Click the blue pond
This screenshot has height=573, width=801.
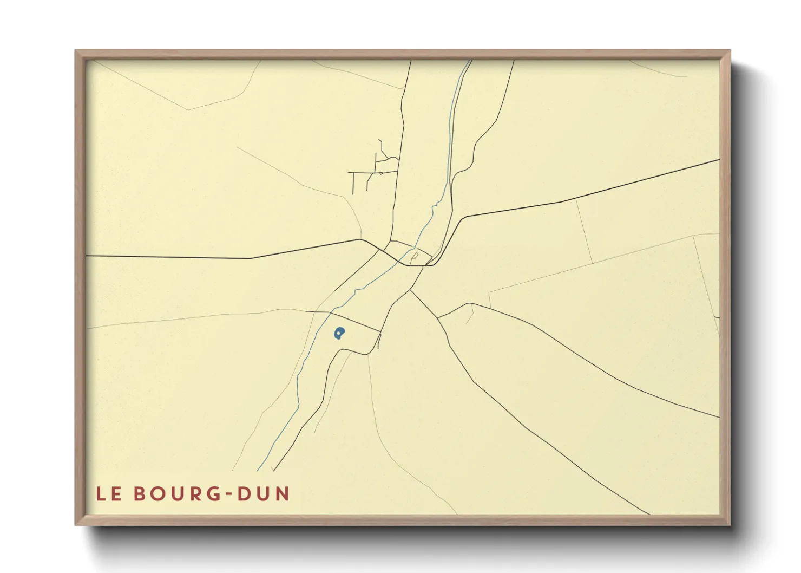[x=339, y=333]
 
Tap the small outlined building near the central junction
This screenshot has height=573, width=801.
[x=415, y=256]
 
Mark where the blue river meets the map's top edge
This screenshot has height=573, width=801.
[x=469, y=61]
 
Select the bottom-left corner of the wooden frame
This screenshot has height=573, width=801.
[x=76, y=524]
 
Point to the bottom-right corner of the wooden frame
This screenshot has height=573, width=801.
[x=730, y=524]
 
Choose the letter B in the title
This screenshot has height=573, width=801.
[x=139, y=494]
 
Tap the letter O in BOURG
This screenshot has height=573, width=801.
[x=156, y=494]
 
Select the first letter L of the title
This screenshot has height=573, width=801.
[x=101, y=494]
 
